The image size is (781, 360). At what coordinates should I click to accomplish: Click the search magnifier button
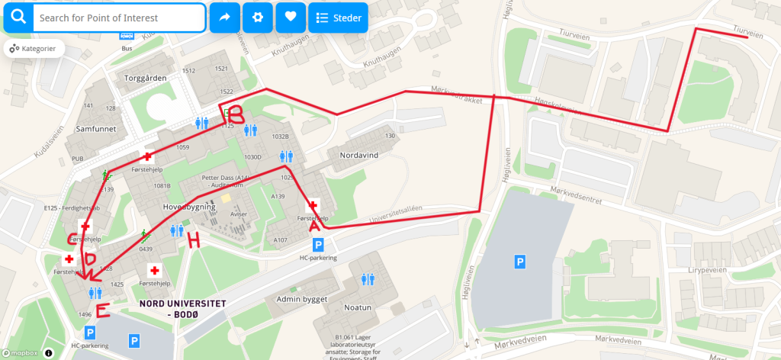(18, 18)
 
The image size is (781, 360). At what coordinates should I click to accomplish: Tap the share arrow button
(224, 17)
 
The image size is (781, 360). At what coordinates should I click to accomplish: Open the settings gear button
(258, 17)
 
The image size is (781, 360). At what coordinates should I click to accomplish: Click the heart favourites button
(291, 17)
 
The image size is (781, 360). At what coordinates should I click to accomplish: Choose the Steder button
(338, 18)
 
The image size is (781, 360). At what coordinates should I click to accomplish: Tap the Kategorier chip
(34, 49)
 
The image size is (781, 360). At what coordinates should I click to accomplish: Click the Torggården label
(144, 78)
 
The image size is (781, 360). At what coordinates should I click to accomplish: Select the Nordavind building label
(358, 154)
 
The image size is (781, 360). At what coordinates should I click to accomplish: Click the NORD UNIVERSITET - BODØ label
(182, 307)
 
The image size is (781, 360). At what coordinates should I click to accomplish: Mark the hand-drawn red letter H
(194, 241)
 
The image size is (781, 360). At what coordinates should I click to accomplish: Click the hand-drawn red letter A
(313, 226)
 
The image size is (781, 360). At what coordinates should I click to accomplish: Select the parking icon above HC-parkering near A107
(319, 245)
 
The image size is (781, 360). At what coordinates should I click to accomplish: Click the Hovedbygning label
(190, 207)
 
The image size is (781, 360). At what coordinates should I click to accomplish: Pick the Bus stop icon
(127, 35)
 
